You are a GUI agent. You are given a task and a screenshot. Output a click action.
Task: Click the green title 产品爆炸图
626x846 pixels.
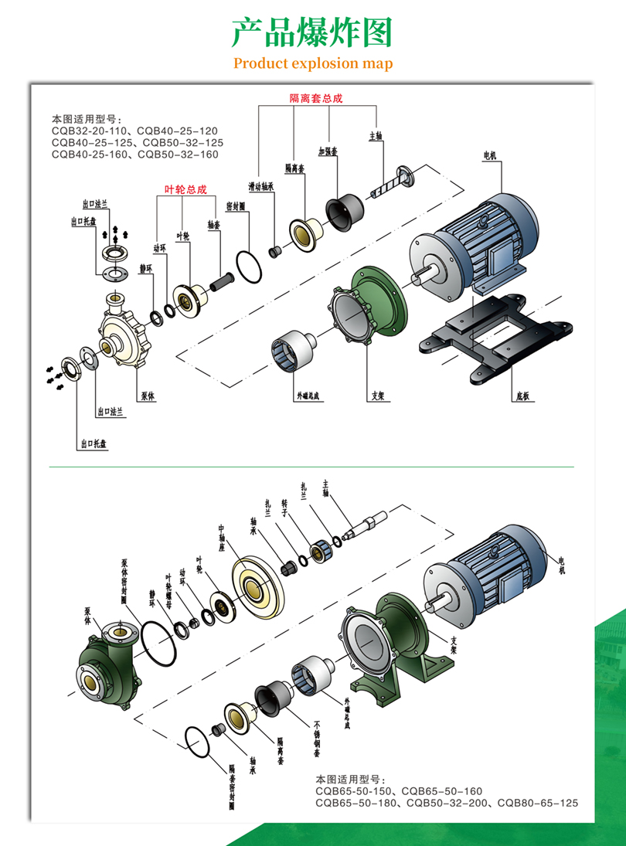coord(313,32)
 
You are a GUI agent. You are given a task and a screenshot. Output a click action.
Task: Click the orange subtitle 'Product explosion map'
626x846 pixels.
coord(313,63)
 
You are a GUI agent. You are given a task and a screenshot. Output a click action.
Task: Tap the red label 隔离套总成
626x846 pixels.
coord(315,98)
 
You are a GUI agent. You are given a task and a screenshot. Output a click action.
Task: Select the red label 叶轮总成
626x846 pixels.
coord(186,189)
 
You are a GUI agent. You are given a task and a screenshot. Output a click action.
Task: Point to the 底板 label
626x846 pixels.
coord(522,397)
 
